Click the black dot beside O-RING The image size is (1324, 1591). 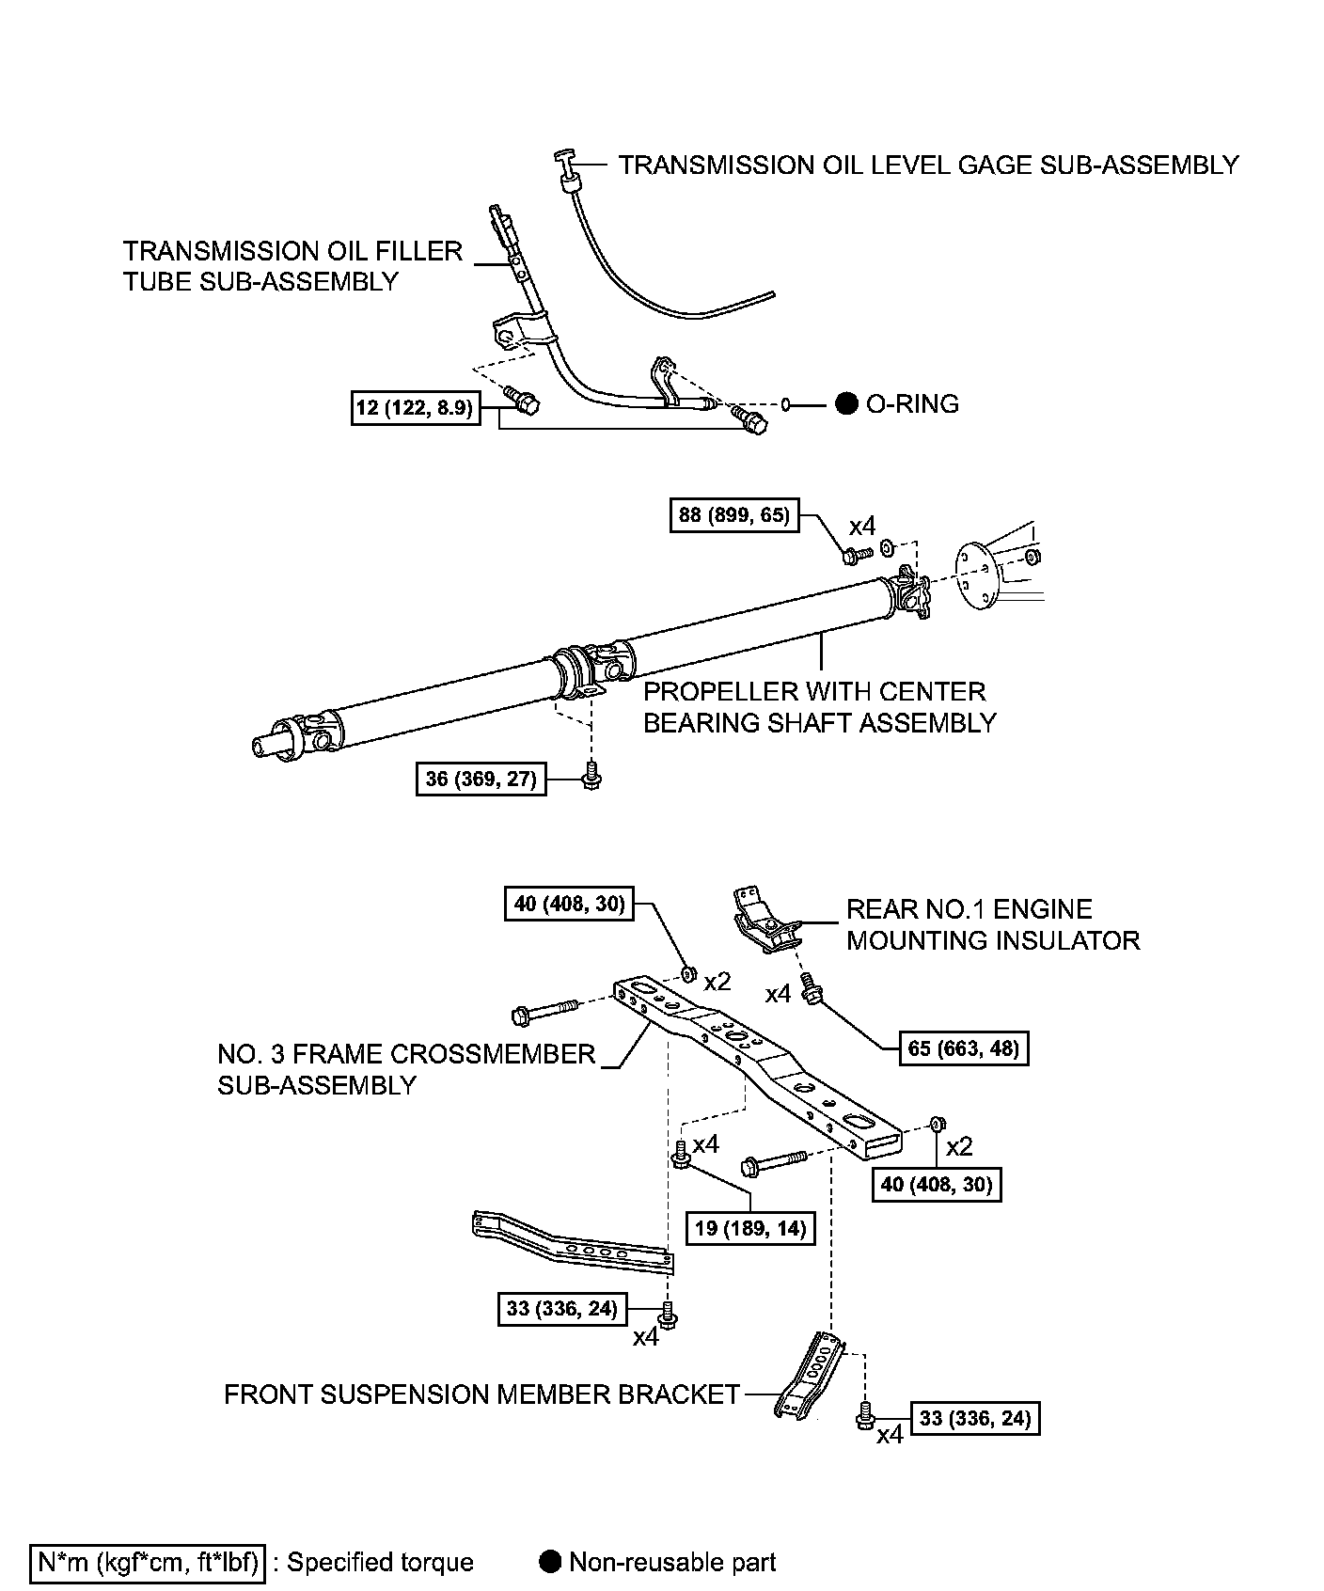tap(847, 403)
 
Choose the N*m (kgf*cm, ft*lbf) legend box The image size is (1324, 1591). tap(148, 1562)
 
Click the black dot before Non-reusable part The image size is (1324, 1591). tap(551, 1562)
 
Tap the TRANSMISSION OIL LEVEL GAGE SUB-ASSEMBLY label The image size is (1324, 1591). tap(928, 165)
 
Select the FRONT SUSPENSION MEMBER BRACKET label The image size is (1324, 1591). tap(481, 1394)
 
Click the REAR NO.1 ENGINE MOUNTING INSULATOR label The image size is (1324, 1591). tap(992, 924)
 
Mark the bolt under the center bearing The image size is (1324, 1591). tap(591, 776)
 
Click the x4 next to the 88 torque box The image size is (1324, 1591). tap(862, 525)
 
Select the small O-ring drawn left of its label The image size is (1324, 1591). tap(786, 404)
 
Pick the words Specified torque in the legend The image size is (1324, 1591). tap(380, 1562)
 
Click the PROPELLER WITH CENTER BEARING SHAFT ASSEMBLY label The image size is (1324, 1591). tap(818, 707)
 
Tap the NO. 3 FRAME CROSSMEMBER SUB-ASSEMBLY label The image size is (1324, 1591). tap(406, 1069)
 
